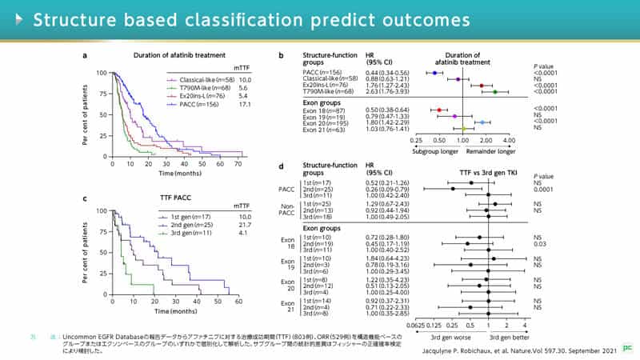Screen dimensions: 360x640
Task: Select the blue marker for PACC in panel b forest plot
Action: pos(434,73)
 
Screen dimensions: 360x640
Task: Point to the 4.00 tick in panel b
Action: pos(508,139)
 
